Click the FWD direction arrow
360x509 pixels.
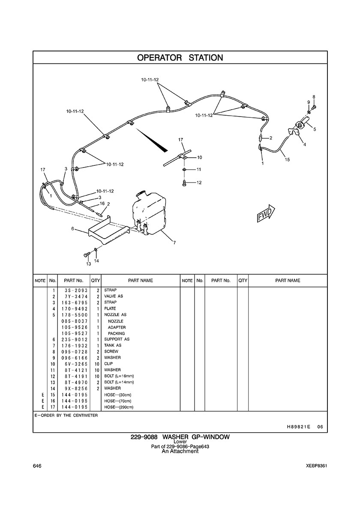(x=266, y=214)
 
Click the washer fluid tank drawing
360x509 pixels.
(x=149, y=213)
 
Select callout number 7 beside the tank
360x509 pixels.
(x=174, y=243)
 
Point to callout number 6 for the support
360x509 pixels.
(x=73, y=228)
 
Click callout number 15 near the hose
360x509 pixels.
(x=287, y=159)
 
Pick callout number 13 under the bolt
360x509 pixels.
(x=89, y=264)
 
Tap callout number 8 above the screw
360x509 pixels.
(x=314, y=97)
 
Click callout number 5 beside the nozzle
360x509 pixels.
(x=315, y=129)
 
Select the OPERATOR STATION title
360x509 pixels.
(x=180, y=57)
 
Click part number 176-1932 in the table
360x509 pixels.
(x=74, y=345)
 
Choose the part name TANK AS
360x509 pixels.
(x=113, y=345)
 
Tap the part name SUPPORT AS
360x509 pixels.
(x=117, y=339)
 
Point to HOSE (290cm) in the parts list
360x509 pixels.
(x=118, y=407)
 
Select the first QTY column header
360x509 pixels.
(x=96, y=281)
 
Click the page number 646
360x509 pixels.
(x=37, y=466)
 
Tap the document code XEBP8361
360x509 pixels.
(x=316, y=466)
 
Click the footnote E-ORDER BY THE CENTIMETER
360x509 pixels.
(x=66, y=415)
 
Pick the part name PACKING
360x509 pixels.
(x=116, y=333)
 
